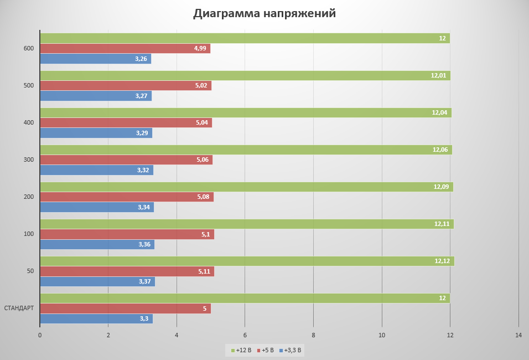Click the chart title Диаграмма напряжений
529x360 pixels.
click(x=264, y=13)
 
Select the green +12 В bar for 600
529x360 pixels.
click(x=243, y=38)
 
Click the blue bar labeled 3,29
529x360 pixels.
click(x=95, y=133)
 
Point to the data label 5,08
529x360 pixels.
click(x=203, y=197)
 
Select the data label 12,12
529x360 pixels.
click(x=442, y=261)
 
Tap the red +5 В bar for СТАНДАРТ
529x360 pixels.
click(x=125, y=308)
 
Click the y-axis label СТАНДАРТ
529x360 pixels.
click(x=19, y=308)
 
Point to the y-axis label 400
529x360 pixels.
click(x=29, y=123)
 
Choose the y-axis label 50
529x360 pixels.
click(x=30, y=271)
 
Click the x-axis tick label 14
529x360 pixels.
click(x=518, y=335)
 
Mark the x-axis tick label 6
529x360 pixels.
click(x=245, y=335)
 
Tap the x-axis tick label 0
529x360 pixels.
click(x=40, y=335)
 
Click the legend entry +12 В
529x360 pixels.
click(x=241, y=350)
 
